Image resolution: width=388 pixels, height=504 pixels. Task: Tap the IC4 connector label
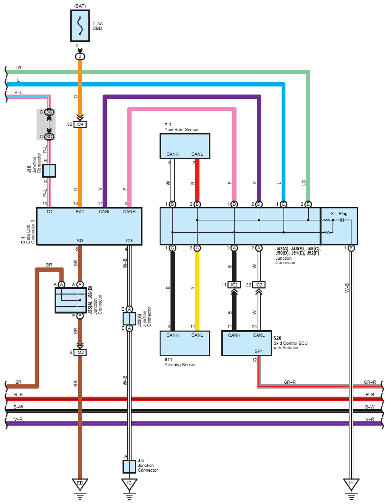click(x=80, y=124)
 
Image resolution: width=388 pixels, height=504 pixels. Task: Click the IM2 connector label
click(x=80, y=352)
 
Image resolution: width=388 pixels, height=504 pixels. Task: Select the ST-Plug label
click(x=339, y=213)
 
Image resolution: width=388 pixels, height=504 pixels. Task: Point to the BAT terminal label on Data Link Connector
click(x=80, y=211)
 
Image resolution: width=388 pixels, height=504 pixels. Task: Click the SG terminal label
click(x=80, y=240)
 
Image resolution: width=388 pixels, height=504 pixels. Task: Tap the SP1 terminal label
click(x=259, y=352)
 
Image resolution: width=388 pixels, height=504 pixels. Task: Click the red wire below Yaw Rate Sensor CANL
click(x=198, y=180)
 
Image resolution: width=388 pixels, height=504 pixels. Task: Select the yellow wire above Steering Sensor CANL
click(x=198, y=291)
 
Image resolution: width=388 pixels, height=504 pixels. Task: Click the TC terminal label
click(x=49, y=211)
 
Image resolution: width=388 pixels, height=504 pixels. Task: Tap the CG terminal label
click(x=129, y=240)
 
